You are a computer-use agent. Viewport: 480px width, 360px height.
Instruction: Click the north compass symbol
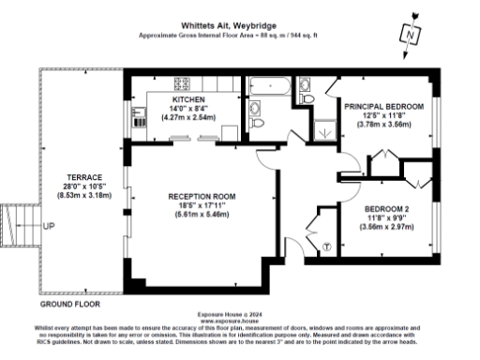[410, 33]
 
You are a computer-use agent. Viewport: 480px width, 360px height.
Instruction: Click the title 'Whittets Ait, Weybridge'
[240, 27]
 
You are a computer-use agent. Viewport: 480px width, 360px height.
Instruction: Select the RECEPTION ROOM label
[202, 196]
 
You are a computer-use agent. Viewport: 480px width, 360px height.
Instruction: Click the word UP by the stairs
[50, 227]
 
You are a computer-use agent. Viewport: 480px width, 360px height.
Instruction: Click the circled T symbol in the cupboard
[326, 247]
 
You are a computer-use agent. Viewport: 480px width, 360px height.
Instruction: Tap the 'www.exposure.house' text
[240, 319]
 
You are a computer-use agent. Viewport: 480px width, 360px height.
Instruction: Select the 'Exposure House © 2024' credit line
[240, 312]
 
